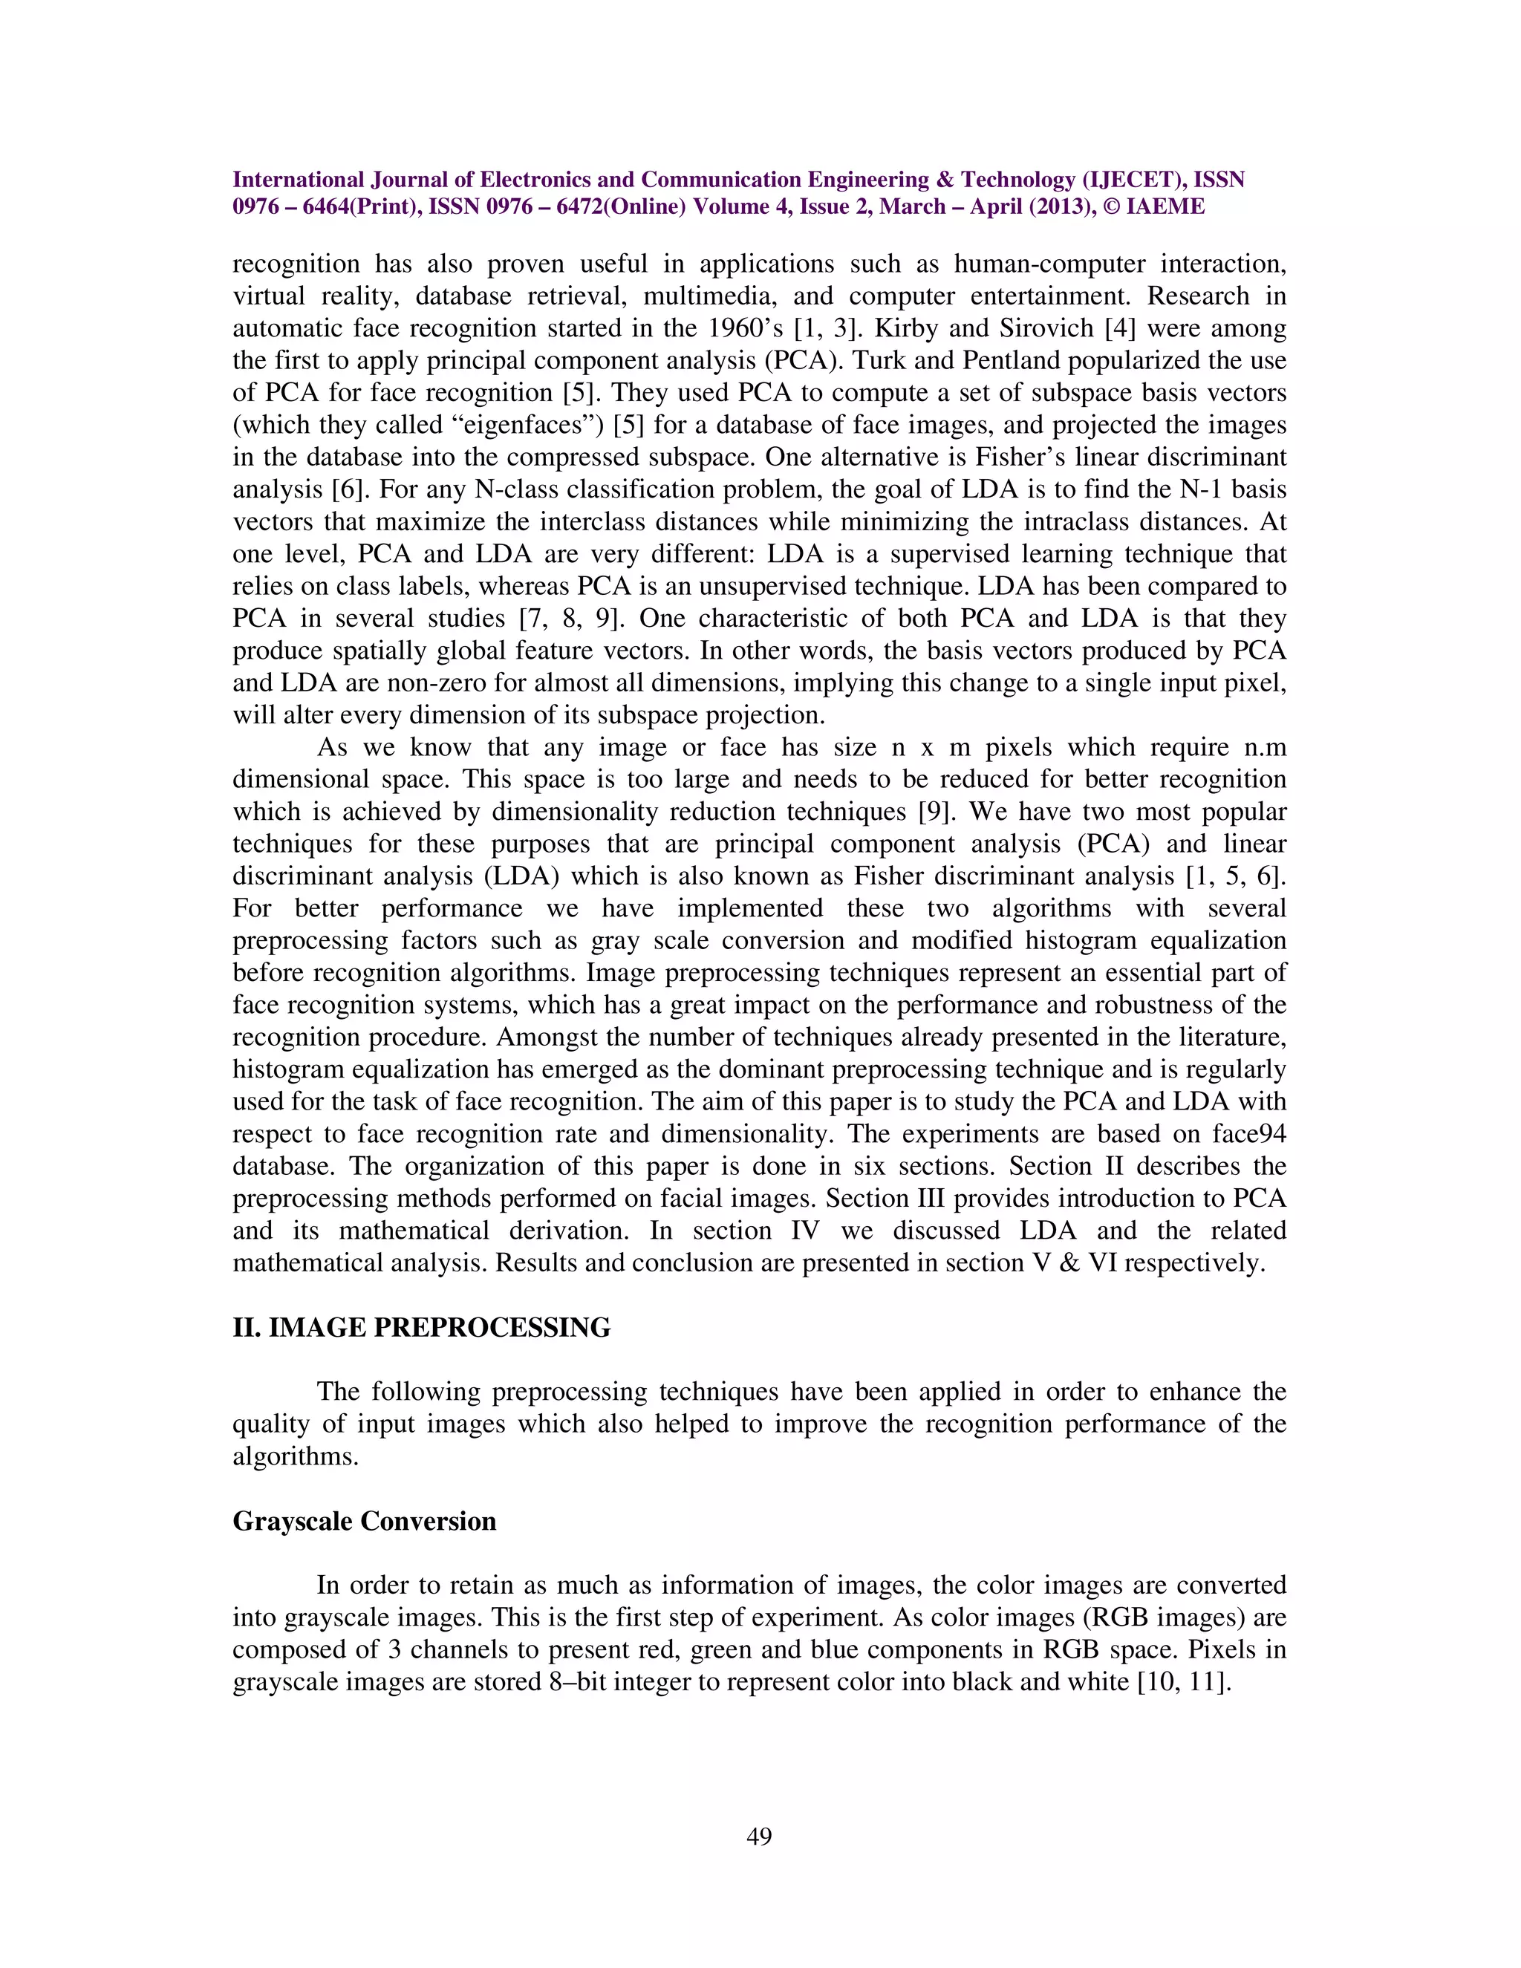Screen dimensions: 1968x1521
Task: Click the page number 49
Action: point(760,1837)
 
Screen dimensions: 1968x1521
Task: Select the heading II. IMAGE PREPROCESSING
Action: point(422,1327)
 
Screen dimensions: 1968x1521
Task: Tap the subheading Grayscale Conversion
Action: point(364,1521)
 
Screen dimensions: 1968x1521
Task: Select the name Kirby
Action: point(902,329)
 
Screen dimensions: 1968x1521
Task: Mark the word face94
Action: point(1250,1133)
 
